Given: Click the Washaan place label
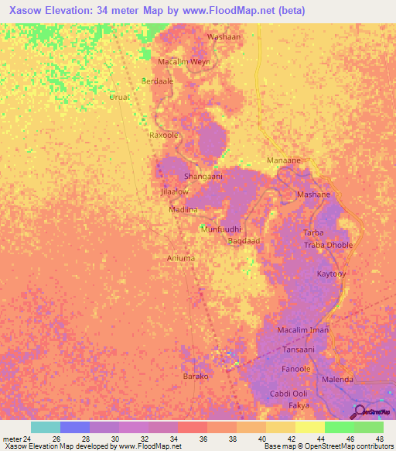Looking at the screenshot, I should click(x=224, y=36).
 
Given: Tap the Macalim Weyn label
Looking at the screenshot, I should click(x=184, y=60).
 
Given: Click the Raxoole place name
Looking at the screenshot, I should click(x=164, y=134).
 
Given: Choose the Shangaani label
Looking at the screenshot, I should click(x=203, y=177).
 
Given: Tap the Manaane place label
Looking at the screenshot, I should click(x=283, y=160).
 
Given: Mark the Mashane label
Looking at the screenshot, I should click(x=313, y=195).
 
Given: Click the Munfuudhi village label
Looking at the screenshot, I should click(x=222, y=229).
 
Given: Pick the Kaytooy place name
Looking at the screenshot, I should click(x=333, y=274).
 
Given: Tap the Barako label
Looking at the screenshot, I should click(x=196, y=376).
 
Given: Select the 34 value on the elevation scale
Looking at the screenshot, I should click(x=163, y=439).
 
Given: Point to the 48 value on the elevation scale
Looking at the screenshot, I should click(x=379, y=439).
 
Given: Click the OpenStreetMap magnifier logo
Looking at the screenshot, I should click(x=358, y=411).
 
